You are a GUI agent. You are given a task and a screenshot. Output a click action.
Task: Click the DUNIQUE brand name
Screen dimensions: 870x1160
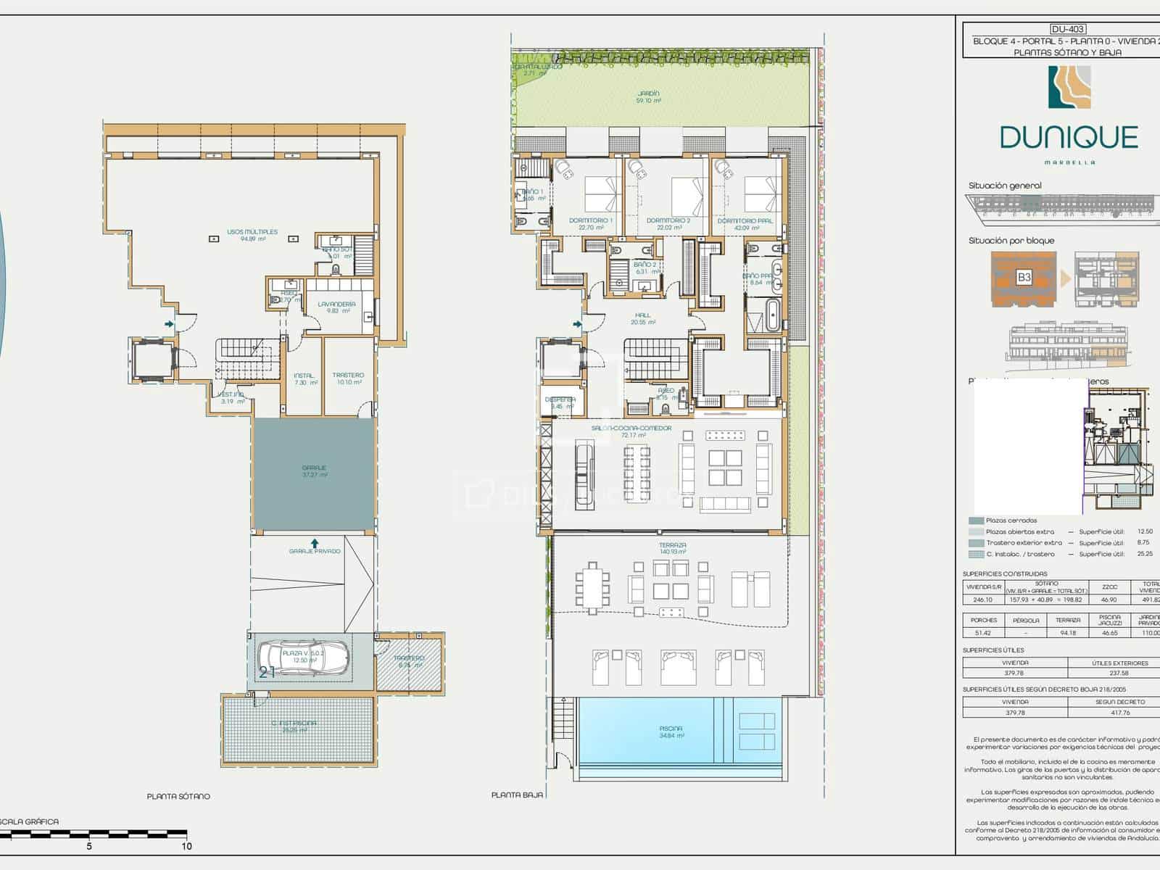coord(1069,137)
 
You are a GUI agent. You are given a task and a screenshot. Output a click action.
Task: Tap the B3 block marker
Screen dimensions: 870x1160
coord(1024,277)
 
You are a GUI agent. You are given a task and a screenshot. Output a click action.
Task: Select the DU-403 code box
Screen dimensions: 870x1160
coord(1067,29)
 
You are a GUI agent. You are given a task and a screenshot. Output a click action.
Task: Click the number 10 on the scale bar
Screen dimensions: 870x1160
coord(186,846)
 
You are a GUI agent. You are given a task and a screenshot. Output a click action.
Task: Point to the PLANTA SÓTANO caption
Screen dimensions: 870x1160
coord(178,796)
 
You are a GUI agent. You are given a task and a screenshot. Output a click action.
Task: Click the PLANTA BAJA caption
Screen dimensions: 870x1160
coord(516,795)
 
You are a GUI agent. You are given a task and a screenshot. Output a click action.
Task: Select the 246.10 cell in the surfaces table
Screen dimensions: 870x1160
coord(982,600)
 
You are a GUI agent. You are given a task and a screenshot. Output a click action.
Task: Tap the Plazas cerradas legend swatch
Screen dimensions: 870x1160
coord(976,521)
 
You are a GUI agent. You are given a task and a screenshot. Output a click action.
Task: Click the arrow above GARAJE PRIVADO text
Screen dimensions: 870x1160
coord(315,542)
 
